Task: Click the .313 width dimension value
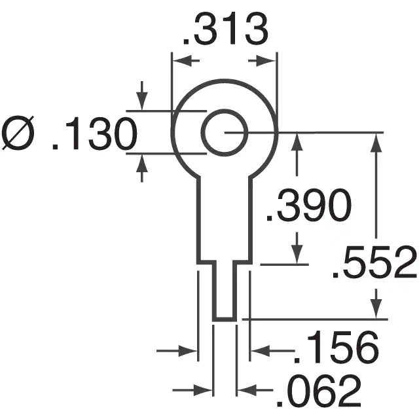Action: pos(225,31)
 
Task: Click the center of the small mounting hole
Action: pos(224,133)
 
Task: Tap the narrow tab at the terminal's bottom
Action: pos(224,291)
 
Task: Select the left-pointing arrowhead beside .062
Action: pos(246,390)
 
